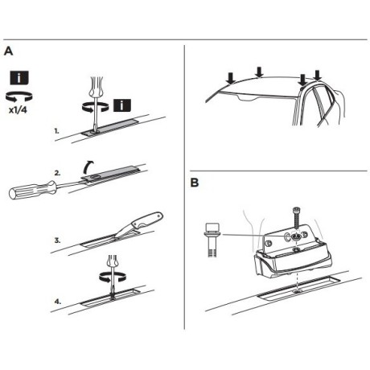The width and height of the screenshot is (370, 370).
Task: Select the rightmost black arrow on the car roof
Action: point(319,76)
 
